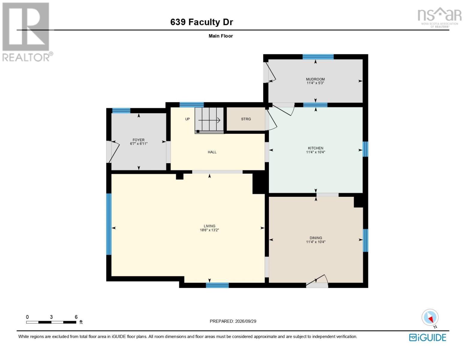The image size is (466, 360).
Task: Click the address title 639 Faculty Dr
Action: coord(202,22)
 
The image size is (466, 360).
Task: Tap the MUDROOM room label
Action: coord(315,79)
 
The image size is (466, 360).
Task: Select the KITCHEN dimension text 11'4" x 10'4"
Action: coord(315,152)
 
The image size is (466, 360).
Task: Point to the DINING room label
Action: coord(316,238)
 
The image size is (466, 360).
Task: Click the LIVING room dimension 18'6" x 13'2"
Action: coord(209,230)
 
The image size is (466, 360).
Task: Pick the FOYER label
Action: coord(139,140)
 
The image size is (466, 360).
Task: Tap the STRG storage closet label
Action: coord(246,119)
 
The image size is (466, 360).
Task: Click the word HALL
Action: coord(212,152)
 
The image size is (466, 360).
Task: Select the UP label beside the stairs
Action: coord(188,119)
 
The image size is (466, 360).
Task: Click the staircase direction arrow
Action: coord(209,120)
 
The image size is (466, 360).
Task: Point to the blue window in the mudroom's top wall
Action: coord(318,57)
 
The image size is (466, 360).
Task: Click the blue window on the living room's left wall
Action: coord(109,224)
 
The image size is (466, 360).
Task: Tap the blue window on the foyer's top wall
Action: coord(121,111)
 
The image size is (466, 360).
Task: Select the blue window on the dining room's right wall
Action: coord(365,240)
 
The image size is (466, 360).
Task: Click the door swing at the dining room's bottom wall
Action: coord(317,280)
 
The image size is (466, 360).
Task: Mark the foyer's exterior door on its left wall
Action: coord(113,151)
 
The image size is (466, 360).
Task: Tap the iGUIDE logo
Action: coord(428,337)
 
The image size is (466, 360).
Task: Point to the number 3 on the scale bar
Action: coord(51,317)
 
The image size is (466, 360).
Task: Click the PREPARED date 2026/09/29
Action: coord(245,321)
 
